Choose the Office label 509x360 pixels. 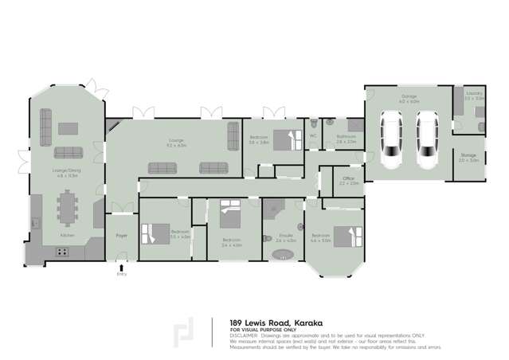click(348, 179)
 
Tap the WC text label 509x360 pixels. click(313, 136)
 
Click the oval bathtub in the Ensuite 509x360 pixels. click(284, 254)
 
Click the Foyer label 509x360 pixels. click(122, 236)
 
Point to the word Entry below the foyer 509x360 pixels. click(122, 274)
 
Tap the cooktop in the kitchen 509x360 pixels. click(61, 252)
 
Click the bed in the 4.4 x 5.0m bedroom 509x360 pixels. click(345, 237)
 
